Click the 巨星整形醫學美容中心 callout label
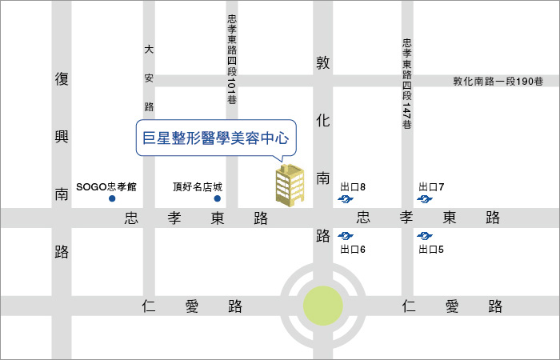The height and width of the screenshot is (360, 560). point(214,138)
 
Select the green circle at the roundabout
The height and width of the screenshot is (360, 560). point(323,306)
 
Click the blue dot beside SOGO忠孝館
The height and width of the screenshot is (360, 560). point(113,198)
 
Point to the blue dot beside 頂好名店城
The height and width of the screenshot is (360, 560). point(217,198)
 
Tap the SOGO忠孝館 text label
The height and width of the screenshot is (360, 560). point(107,186)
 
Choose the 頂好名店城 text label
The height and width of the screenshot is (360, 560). point(196,186)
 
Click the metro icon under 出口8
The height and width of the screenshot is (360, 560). point(346,198)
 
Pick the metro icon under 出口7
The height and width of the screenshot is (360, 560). point(425,198)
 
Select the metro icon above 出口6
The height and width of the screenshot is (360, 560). point(346,236)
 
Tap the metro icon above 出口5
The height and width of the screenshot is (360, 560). point(425,236)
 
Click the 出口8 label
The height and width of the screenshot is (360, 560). point(353,186)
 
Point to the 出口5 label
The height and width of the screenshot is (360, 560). point(431,250)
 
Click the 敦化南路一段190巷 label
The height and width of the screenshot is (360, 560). point(498,81)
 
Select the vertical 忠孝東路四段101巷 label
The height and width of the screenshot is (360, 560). point(232,59)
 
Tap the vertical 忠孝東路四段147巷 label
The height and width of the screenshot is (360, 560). point(406,85)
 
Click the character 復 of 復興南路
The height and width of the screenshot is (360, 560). point(62,79)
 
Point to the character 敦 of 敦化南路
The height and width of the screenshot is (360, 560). point(323,62)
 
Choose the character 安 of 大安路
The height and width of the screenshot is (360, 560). point(149,78)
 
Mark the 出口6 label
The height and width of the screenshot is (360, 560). point(353,250)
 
